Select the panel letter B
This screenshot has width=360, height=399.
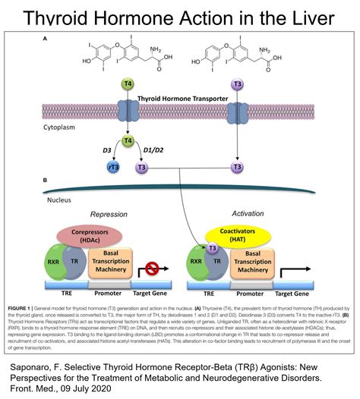[47, 181]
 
